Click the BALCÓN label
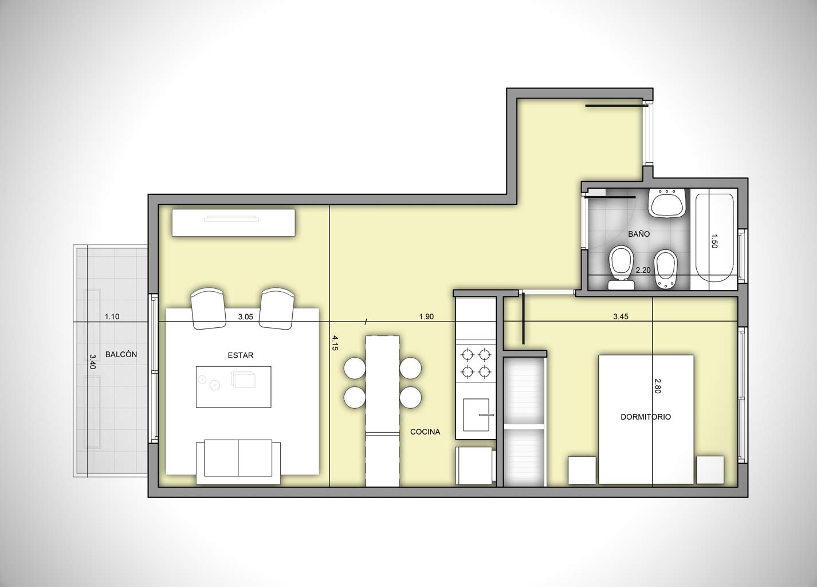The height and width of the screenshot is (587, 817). tap(121, 354)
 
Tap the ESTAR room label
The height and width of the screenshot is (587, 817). tap(241, 355)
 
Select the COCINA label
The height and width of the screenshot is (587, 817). tap(425, 432)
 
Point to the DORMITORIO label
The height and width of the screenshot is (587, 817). tap(646, 417)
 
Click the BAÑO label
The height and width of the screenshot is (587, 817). tap(639, 234)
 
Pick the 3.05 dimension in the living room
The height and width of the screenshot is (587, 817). tap(245, 316)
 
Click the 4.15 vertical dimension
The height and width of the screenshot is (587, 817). tap(335, 343)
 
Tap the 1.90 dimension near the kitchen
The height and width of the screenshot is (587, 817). tap(426, 316)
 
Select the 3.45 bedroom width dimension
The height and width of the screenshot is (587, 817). tap(620, 316)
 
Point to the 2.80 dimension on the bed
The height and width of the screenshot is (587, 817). tap(658, 386)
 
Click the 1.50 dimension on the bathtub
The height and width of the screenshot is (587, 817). tap(714, 241)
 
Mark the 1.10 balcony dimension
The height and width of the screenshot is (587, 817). tap(112, 316)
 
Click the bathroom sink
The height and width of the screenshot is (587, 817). tap(667, 204)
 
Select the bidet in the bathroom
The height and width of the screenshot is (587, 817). tap(666, 269)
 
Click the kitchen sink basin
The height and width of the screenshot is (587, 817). tap(476, 415)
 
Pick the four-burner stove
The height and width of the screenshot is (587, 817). tap(476, 363)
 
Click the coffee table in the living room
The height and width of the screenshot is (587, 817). tap(233, 387)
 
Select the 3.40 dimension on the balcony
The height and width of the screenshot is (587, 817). tap(92, 362)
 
